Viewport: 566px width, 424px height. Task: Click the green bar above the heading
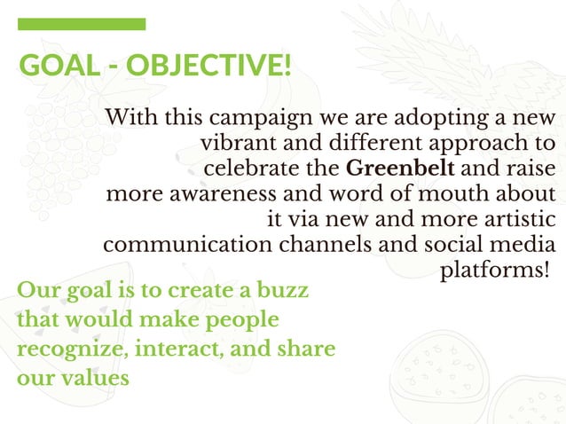pos(82,24)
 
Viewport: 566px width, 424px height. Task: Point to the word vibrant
pos(236,143)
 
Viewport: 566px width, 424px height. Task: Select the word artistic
pos(517,218)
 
